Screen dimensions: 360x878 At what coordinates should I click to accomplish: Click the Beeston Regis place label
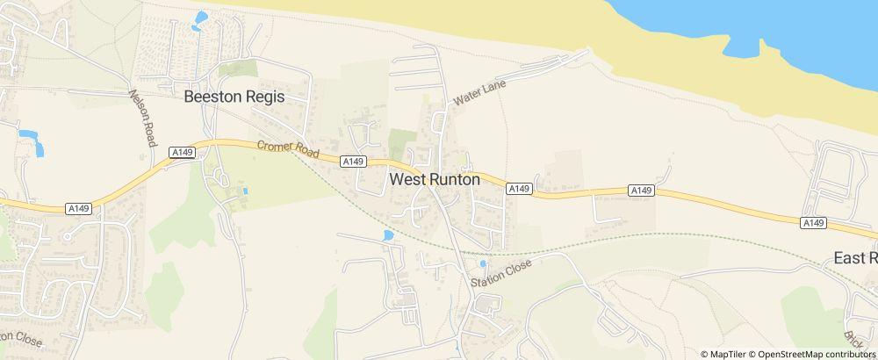(234, 97)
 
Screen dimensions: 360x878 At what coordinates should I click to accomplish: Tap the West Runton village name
(435, 179)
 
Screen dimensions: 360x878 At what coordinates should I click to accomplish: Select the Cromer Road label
(287, 151)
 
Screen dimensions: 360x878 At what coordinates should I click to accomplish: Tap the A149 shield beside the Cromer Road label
(352, 162)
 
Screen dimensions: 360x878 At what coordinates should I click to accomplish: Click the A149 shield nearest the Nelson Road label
(182, 153)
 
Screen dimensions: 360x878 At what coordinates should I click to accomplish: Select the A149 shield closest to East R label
(813, 223)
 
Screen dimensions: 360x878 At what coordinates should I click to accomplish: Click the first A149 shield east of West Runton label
(519, 189)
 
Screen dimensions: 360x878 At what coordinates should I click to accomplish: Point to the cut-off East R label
(855, 258)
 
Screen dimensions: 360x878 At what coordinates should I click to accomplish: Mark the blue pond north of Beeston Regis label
(201, 18)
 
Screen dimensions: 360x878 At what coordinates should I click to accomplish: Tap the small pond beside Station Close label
(482, 263)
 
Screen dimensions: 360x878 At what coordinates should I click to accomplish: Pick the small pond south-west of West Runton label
(388, 235)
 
